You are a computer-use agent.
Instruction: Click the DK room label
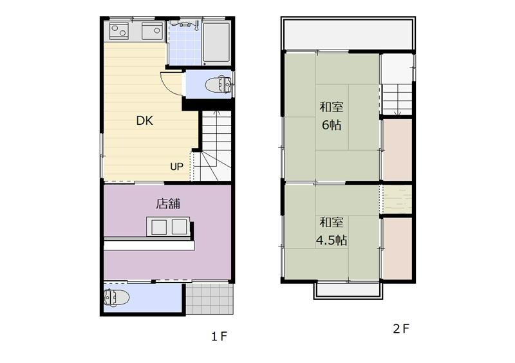144,120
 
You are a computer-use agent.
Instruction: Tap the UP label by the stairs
176,167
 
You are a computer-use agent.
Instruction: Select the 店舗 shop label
168,203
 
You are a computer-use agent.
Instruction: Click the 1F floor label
219,337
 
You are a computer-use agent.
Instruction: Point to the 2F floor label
401,329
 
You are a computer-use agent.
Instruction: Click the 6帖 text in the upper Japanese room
332,125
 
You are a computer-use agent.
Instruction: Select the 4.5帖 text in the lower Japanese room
332,241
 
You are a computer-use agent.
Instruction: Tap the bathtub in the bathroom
216,42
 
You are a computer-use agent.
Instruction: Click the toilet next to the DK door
219,85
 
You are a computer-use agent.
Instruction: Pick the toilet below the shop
117,297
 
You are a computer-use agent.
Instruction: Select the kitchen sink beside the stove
153,31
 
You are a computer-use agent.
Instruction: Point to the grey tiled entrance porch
210,299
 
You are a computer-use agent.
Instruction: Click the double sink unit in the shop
169,227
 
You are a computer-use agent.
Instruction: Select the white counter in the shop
149,245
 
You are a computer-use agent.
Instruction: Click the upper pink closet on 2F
397,149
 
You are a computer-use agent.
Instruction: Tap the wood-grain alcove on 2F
397,199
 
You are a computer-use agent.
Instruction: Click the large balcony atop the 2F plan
348,34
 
